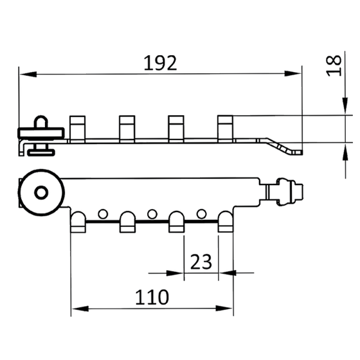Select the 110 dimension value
(x=152, y=297)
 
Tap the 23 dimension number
(x=201, y=262)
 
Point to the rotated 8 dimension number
(x=334, y=64)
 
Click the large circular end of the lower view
(x=40, y=192)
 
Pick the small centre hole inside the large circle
(x=40, y=192)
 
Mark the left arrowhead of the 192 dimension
(x=26, y=76)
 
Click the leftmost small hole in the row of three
(x=103, y=213)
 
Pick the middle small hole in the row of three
(x=152, y=213)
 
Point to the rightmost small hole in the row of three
(x=202, y=213)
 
